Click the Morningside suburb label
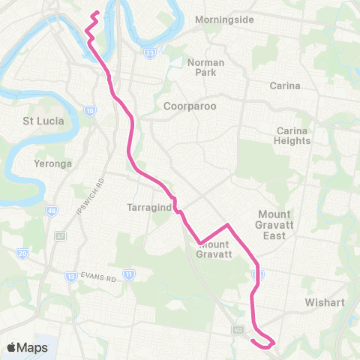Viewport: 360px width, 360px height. point(224,19)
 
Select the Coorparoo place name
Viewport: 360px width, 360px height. point(190,106)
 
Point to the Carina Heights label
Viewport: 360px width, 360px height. point(292,135)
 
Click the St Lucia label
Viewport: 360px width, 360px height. point(43,120)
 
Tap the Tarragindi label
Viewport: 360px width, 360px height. point(151,205)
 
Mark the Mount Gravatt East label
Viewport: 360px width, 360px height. point(279,225)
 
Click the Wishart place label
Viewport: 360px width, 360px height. point(323,303)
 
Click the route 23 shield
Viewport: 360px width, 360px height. point(151,53)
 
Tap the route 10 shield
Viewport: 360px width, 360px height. point(90,111)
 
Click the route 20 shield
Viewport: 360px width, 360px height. point(23,253)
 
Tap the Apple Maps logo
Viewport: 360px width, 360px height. point(27,347)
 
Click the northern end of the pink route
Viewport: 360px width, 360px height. point(97,12)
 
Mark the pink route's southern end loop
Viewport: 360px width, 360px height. point(263,342)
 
